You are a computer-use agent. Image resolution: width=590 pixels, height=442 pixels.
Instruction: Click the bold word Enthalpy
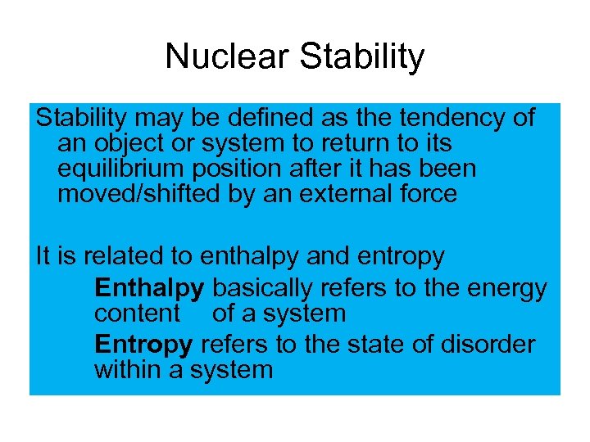tap(149, 289)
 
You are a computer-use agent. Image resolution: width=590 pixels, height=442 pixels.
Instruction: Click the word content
tap(137, 313)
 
